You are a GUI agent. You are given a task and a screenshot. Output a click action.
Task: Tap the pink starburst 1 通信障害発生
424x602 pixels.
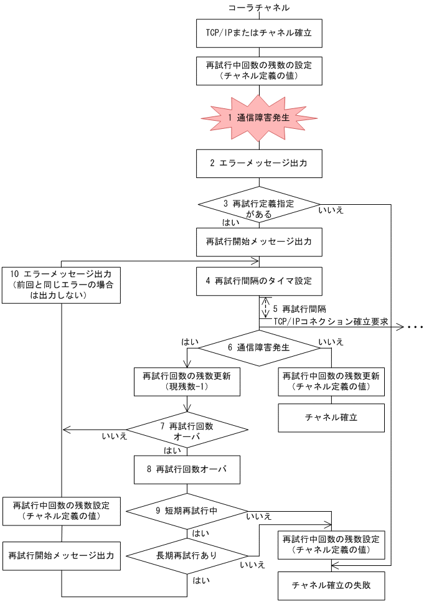259,117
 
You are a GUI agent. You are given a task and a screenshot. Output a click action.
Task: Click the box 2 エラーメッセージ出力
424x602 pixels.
259,163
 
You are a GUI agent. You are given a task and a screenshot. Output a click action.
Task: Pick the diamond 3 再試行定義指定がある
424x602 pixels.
259,204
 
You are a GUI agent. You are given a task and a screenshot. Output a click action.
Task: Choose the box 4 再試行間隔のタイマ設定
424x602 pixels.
259,281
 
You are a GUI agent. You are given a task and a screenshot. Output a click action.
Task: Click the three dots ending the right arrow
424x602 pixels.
415,327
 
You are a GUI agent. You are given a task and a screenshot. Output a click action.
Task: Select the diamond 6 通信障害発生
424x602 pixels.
259,347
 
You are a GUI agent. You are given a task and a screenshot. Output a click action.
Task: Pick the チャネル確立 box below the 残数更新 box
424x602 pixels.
331,418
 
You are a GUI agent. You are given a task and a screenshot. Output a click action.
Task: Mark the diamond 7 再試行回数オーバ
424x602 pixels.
187,430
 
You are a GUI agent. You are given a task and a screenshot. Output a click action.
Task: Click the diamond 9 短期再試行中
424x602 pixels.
187,510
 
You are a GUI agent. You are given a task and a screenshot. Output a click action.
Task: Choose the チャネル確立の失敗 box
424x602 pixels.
331,585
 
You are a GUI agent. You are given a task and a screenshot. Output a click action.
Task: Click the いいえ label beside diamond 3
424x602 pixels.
331,210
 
